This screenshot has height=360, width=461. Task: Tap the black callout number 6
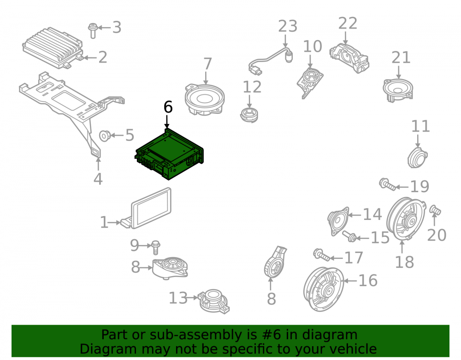[x=168, y=107]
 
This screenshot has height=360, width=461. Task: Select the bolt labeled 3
[x=93, y=30]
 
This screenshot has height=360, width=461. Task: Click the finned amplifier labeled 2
[x=53, y=47]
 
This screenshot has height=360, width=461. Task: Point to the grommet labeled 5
[x=105, y=136]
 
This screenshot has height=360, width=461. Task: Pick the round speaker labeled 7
[x=205, y=100]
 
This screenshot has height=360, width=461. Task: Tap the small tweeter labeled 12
[x=249, y=115]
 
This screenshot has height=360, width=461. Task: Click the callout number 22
[x=348, y=24]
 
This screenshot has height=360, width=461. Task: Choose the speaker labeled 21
[x=398, y=90]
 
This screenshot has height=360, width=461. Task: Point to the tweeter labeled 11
[x=418, y=158]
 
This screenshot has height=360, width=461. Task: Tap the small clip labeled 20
[x=435, y=210]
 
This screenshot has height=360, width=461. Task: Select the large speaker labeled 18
[x=406, y=218]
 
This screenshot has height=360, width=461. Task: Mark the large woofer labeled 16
[x=324, y=289]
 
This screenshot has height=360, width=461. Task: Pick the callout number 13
[x=178, y=298]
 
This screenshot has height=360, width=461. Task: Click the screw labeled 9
[x=155, y=248]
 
